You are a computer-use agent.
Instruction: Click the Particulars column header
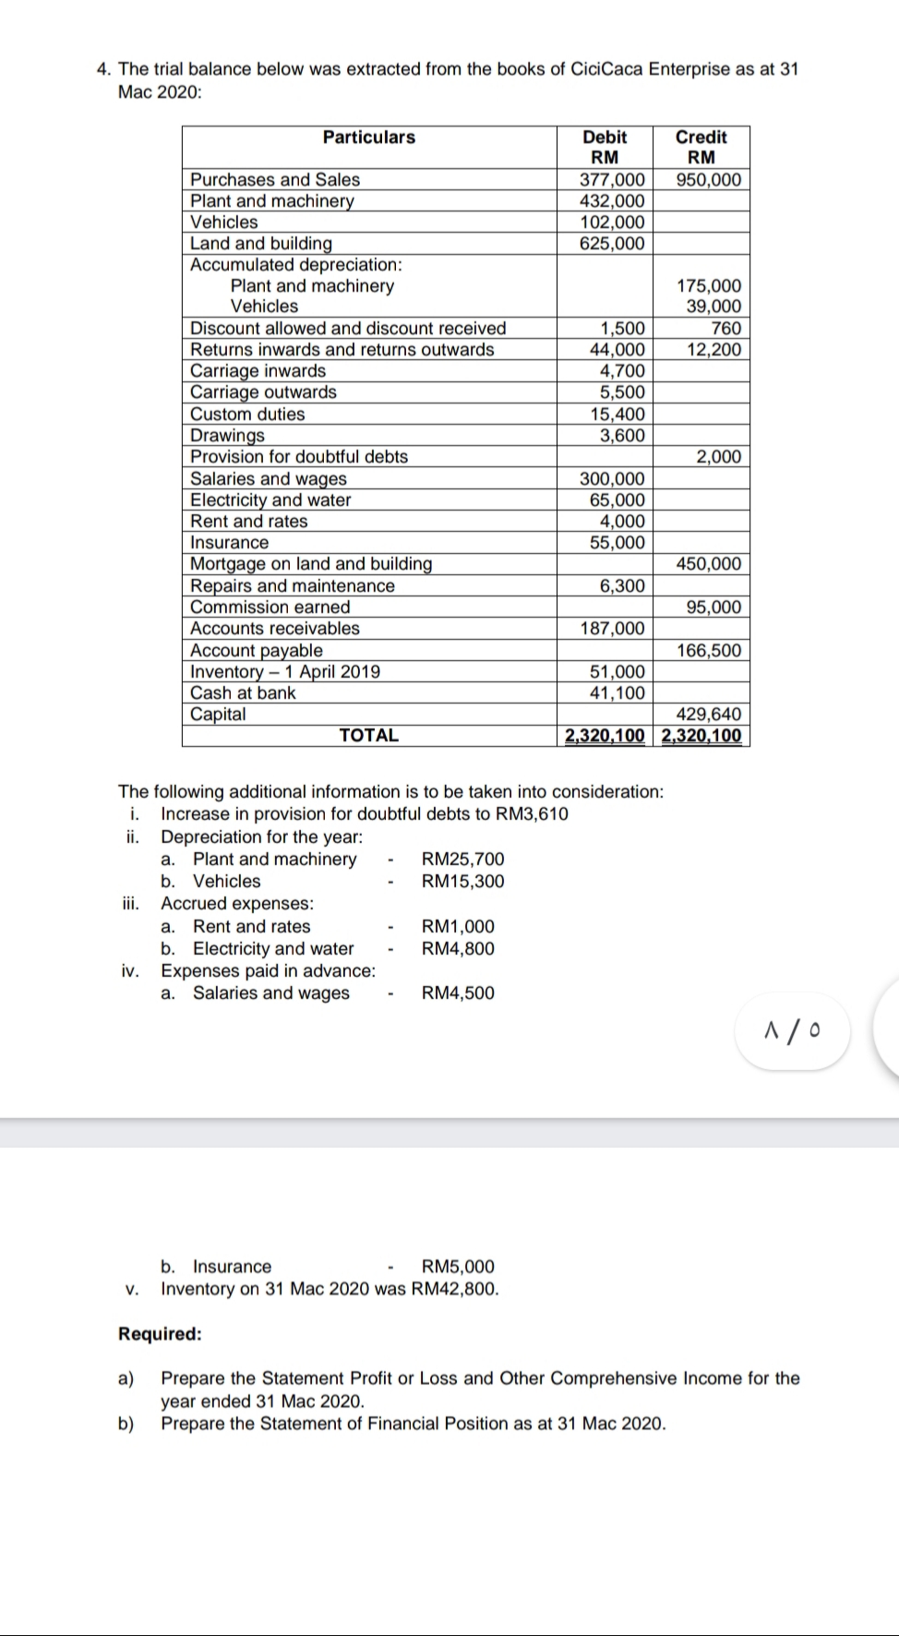368,138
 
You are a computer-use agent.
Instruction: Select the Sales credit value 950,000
708,180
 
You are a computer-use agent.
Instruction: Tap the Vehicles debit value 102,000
612,223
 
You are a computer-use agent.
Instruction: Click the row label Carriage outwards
263,392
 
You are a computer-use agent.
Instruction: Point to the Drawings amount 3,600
622,436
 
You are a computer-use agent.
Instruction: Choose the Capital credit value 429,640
708,715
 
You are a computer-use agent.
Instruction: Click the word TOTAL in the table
368,736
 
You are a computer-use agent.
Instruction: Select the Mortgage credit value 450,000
708,564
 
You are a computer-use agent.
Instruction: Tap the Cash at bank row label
243,693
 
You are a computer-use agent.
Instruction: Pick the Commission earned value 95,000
713,607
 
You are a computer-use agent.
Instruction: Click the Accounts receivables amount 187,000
612,629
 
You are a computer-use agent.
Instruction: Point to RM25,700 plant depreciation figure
462,860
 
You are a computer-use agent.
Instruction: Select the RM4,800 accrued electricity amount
458,949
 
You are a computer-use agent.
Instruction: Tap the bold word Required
159,1334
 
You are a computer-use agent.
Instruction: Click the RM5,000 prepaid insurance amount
458,1267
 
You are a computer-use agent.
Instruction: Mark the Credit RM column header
701,147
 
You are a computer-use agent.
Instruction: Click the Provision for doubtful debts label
298,457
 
